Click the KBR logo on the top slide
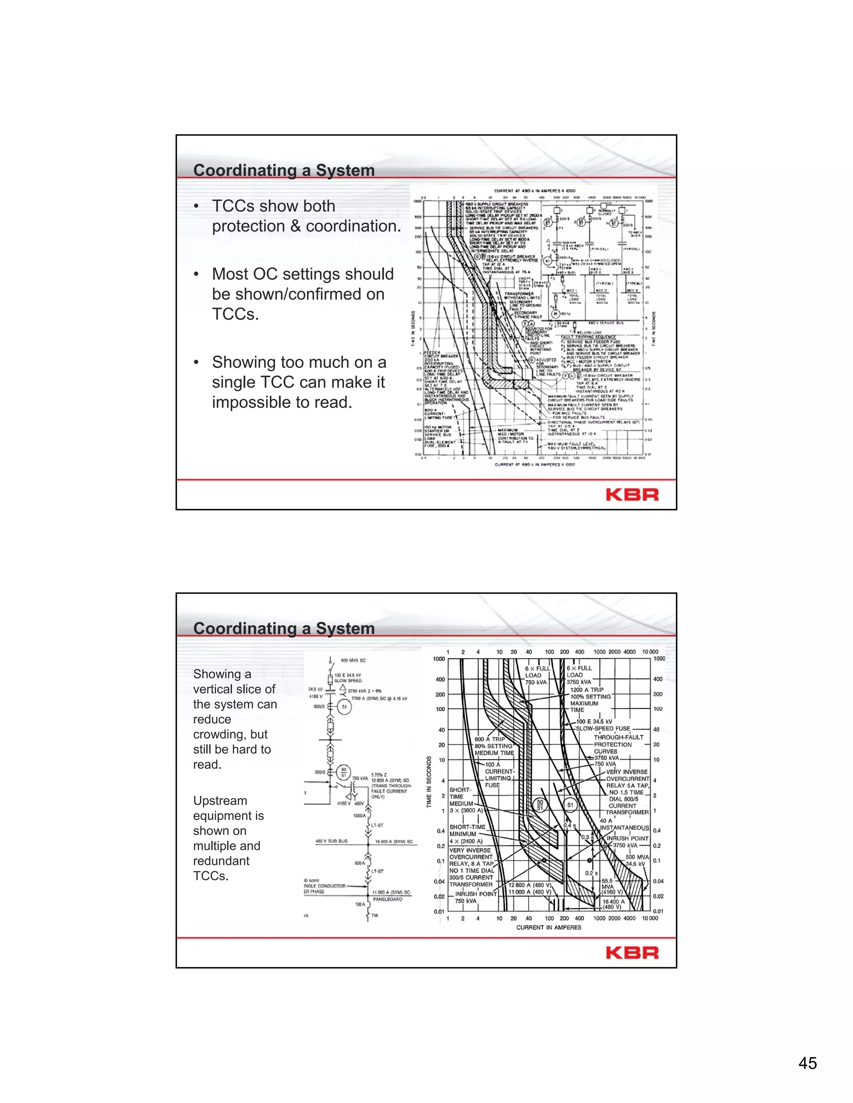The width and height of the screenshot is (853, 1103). click(x=632, y=494)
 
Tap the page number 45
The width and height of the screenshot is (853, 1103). click(x=808, y=1063)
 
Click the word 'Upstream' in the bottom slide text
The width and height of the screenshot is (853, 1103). click(x=220, y=800)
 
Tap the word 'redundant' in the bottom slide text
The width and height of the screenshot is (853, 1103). click(x=221, y=861)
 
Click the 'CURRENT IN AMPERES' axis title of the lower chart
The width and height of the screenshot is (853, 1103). click(x=548, y=927)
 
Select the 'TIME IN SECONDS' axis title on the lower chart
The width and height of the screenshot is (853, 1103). click(x=429, y=781)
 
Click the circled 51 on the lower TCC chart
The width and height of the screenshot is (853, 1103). click(x=571, y=805)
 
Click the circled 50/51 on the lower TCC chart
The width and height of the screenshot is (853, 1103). click(x=540, y=805)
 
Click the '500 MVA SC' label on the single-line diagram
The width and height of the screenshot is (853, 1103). click(x=353, y=660)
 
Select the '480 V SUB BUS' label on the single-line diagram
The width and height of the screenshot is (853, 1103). click(x=331, y=841)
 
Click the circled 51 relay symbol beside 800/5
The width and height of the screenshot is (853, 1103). click(x=344, y=707)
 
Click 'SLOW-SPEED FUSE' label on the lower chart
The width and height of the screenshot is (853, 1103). click(x=604, y=728)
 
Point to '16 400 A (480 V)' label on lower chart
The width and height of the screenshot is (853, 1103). click(x=613, y=904)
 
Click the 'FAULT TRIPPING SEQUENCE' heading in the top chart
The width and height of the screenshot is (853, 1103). click(x=588, y=337)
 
